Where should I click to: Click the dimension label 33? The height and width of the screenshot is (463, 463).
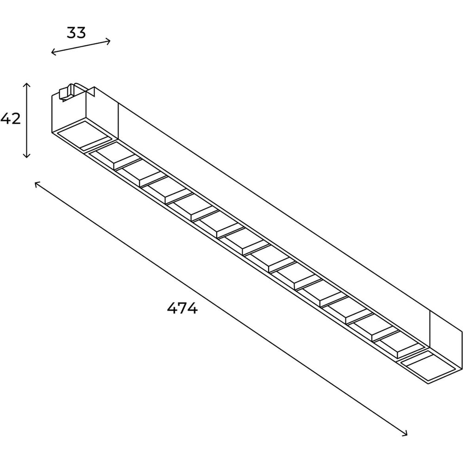[76, 32]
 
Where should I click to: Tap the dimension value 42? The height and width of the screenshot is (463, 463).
[11, 119]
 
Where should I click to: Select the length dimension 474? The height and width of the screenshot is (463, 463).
[182, 308]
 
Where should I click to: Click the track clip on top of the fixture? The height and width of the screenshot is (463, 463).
[66, 92]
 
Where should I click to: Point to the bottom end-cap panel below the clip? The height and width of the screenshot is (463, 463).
[85, 134]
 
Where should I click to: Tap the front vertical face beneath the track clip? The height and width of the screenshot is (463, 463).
[69, 114]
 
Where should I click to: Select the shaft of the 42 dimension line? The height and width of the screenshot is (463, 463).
[26, 120]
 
